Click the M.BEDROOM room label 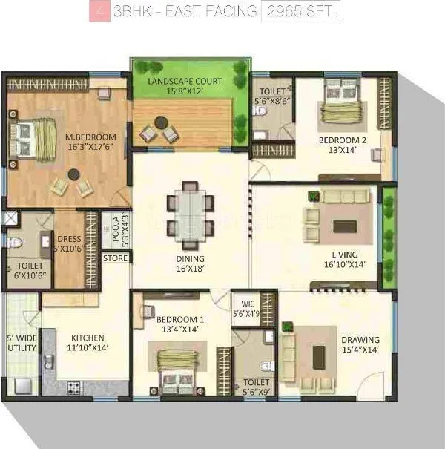[90, 142]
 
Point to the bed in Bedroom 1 [177, 366]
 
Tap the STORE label [116, 258]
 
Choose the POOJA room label [116, 230]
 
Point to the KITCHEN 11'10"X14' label [88, 342]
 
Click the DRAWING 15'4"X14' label [360, 345]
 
